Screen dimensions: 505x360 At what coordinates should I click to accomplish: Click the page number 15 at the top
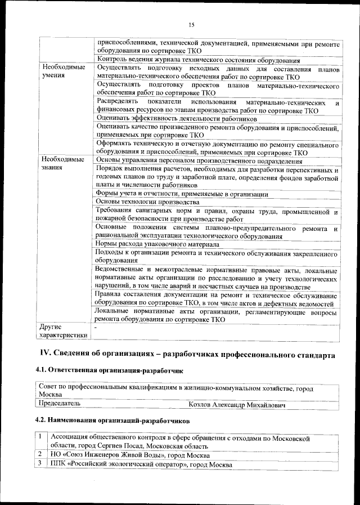(x=191, y=24)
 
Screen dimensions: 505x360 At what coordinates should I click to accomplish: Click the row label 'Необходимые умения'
(x=62, y=71)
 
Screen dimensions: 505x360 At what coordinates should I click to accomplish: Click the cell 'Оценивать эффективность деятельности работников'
(x=177, y=118)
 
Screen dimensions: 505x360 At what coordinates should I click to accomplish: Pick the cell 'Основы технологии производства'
(x=147, y=202)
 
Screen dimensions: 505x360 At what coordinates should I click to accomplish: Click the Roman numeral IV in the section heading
(x=44, y=355)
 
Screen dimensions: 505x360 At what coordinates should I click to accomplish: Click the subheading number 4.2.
(x=42, y=420)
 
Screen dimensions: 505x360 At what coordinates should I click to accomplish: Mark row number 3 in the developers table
(x=40, y=464)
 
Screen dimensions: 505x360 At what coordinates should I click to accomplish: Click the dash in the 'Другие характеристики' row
(x=97, y=327)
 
